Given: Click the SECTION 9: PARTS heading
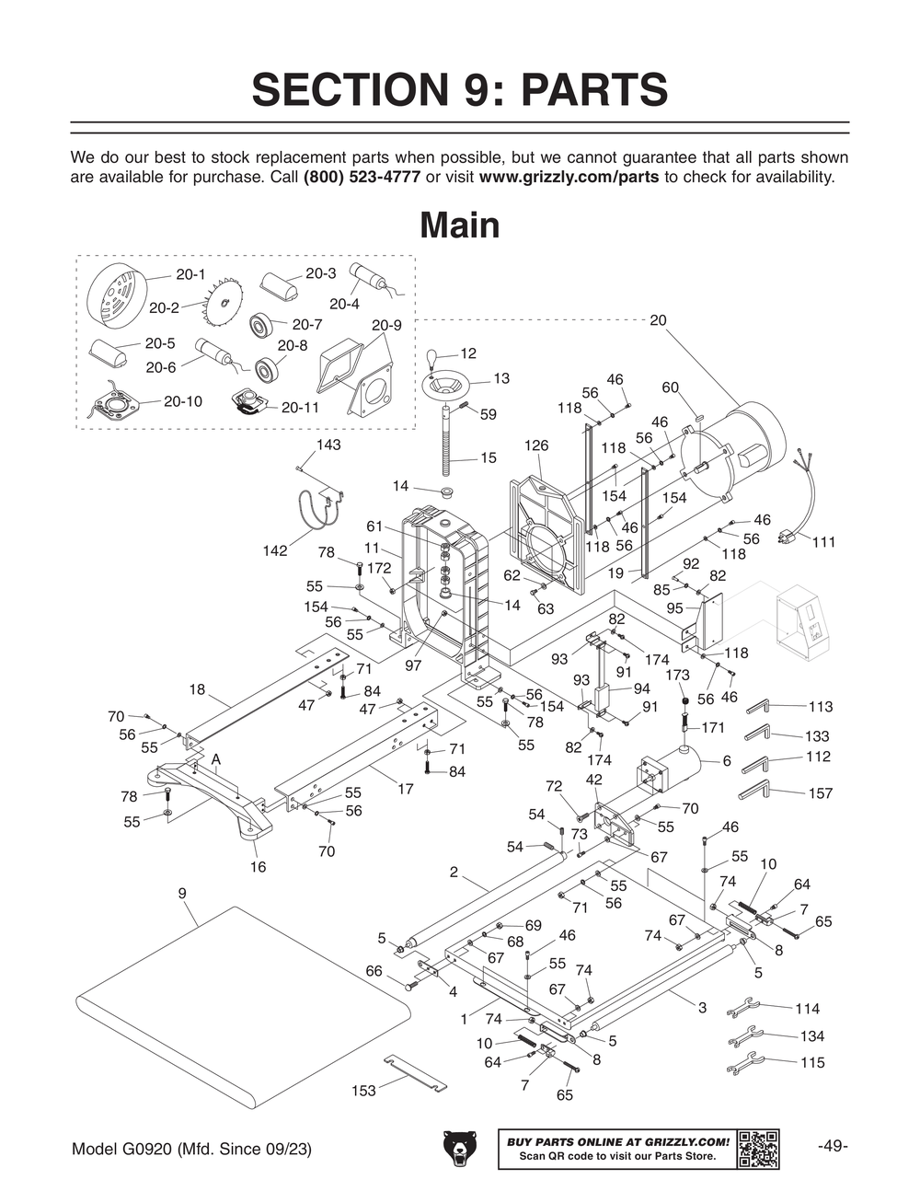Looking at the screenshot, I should pyautogui.click(x=459, y=90).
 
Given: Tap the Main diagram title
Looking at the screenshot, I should pyautogui.click(x=459, y=225).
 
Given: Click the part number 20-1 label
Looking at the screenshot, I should pyautogui.click(x=190, y=274).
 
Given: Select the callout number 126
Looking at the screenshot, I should pyautogui.click(x=535, y=445).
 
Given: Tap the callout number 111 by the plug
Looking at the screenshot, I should pyautogui.click(x=822, y=543).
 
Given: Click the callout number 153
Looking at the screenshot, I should pyautogui.click(x=363, y=1091).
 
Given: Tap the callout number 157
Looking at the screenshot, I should pyautogui.click(x=820, y=793).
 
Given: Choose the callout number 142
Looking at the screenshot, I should pyautogui.click(x=274, y=551).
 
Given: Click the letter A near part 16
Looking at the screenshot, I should pyautogui.click(x=216, y=758).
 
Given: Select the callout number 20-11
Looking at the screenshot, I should pyautogui.click(x=300, y=407).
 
